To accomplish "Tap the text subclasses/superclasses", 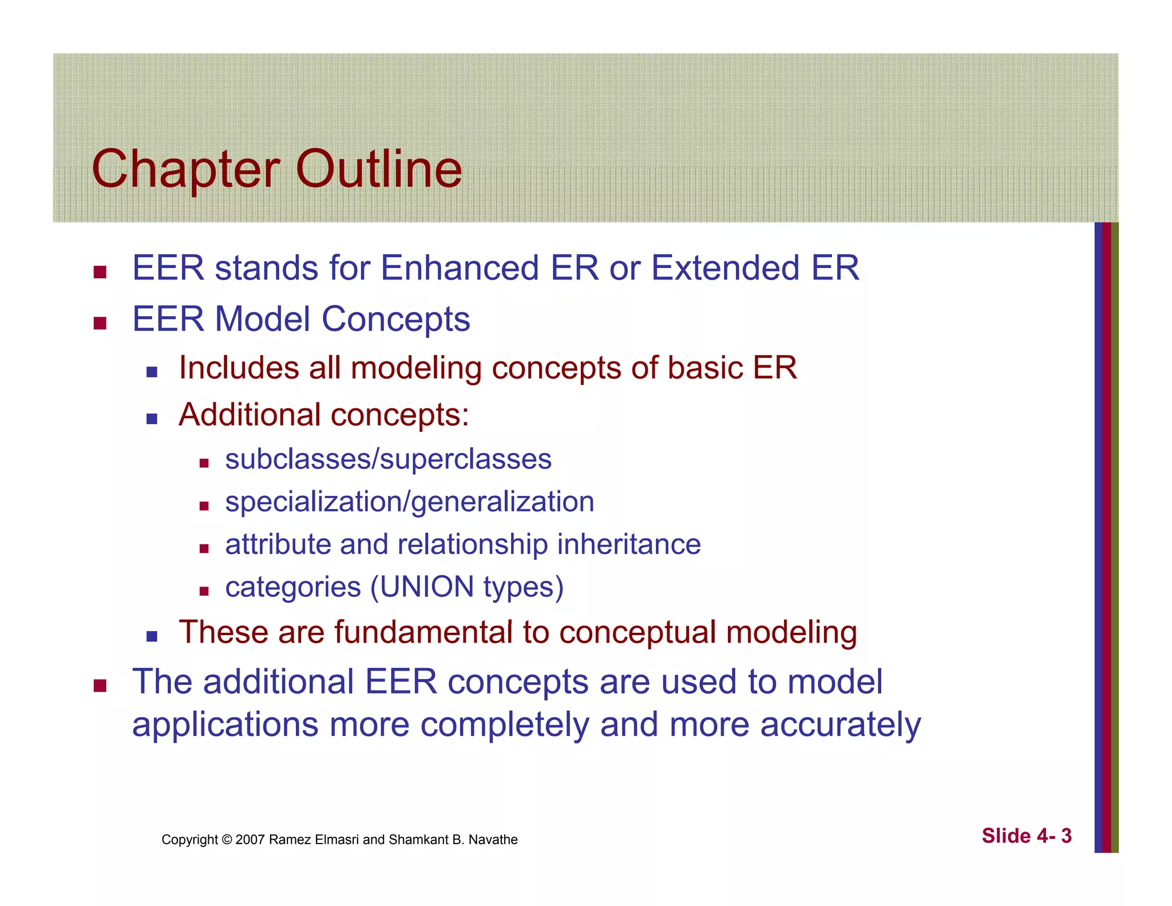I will (x=388, y=459).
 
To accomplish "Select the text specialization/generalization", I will (x=409, y=502).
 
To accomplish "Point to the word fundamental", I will (x=423, y=632).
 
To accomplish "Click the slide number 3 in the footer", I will (x=1066, y=836).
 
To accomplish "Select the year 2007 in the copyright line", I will (x=250, y=840).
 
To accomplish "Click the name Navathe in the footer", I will (x=493, y=840).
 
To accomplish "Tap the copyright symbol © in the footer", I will (x=227, y=840).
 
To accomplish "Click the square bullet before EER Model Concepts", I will (x=100, y=324).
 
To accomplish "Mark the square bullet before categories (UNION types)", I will (x=204, y=591).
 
